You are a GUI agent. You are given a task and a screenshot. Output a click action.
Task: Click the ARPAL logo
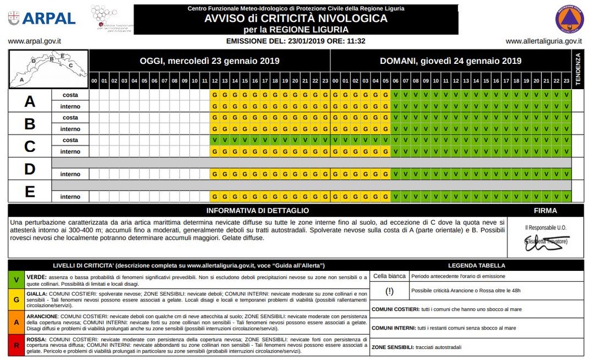click(41, 18)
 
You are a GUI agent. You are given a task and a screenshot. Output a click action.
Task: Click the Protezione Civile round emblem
click(569, 18)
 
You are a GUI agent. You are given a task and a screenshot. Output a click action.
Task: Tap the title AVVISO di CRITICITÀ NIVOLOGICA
click(296, 18)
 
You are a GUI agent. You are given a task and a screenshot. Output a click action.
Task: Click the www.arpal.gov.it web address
click(35, 41)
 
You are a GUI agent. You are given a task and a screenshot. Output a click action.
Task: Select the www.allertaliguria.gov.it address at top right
click(544, 41)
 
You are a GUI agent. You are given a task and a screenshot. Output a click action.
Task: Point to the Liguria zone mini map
click(49, 68)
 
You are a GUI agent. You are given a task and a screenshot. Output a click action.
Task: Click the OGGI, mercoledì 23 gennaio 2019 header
click(209, 61)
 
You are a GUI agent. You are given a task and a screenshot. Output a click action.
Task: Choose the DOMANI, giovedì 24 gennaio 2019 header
click(450, 61)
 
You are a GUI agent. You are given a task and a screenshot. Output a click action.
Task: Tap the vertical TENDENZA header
click(577, 69)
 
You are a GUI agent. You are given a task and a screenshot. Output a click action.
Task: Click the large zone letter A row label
click(29, 101)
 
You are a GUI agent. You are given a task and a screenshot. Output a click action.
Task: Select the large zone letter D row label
click(29, 169)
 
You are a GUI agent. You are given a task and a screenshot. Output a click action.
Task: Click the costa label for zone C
click(70, 140)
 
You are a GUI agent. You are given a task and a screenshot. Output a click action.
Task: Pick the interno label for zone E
click(70, 197)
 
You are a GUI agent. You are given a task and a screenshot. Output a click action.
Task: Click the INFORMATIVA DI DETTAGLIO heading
click(257, 210)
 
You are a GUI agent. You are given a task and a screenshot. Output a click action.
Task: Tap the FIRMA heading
click(545, 210)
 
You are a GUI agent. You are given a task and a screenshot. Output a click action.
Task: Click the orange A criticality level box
click(16, 322)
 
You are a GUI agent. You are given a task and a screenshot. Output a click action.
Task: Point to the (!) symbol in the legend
click(389, 291)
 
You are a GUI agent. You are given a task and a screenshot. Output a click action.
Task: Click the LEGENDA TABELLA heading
click(476, 266)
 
